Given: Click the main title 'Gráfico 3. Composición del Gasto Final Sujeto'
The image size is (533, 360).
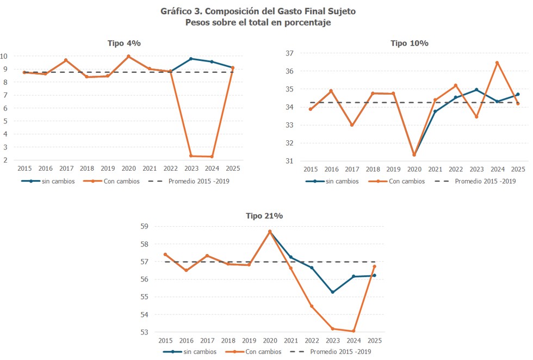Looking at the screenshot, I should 258,11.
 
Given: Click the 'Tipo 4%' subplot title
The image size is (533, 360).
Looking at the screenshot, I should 124,43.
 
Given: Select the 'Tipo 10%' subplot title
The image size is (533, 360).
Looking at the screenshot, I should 409,43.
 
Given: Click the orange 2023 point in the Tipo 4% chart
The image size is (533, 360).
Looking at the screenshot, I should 191,156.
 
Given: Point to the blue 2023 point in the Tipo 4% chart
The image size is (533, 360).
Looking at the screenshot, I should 191,59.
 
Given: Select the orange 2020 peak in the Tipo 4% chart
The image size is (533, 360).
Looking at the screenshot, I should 128,56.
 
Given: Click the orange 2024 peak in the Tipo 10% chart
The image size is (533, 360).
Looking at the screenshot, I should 497,63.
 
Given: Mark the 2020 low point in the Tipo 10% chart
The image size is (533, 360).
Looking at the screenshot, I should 414,155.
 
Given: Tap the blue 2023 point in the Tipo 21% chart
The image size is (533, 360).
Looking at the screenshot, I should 332,292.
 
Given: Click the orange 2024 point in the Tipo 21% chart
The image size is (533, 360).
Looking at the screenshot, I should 354,331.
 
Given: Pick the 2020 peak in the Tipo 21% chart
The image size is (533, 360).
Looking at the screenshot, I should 270,232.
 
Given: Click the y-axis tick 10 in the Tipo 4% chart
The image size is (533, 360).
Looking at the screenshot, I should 4,56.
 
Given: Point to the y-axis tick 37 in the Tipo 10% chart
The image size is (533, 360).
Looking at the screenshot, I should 289,53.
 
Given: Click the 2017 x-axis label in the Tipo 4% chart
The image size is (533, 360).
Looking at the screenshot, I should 66,169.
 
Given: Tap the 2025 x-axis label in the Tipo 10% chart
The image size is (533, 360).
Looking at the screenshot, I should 518,170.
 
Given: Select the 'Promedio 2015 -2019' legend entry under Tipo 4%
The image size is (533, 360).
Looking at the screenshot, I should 199,181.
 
